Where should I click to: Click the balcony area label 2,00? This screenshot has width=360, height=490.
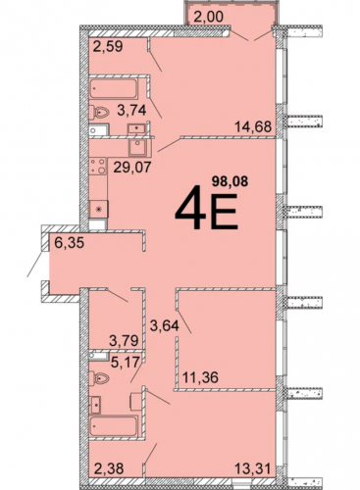pyautogui.click(x=208, y=17)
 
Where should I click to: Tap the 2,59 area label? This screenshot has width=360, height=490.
pyautogui.click(x=108, y=46)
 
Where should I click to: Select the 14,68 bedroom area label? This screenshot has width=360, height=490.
pyautogui.click(x=253, y=126)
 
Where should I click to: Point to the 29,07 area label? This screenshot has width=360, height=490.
pyautogui.click(x=132, y=168)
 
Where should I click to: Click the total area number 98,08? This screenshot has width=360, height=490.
pyautogui.click(x=230, y=181)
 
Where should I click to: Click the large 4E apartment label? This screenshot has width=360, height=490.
pyautogui.click(x=206, y=208)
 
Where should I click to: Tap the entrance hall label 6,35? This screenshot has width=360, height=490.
pyautogui.click(x=70, y=243)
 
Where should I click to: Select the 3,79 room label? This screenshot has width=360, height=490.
pyautogui.click(x=125, y=341)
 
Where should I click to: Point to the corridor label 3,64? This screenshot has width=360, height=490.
pyautogui.click(x=165, y=325)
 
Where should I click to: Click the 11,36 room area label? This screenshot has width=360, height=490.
pyautogui.click(x=200, y=377)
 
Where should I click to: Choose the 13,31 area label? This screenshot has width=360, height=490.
pyautogui.click(x=253, y=469)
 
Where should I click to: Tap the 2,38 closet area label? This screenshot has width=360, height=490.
pyautogui.click(x=108, y=469)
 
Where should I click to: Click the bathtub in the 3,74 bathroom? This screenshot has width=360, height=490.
pyautogui.click(x=114, y=88)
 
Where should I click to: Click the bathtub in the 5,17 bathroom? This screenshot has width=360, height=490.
pyautogui.click(x=114, y=426)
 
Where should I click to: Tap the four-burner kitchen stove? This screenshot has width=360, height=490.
pyautogui.click(x=98, y=166)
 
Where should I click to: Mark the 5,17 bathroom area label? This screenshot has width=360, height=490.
pyautogui.click(x=125, y=362)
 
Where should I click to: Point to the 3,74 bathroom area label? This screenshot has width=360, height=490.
pyautogui.click(x=131, y=111)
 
